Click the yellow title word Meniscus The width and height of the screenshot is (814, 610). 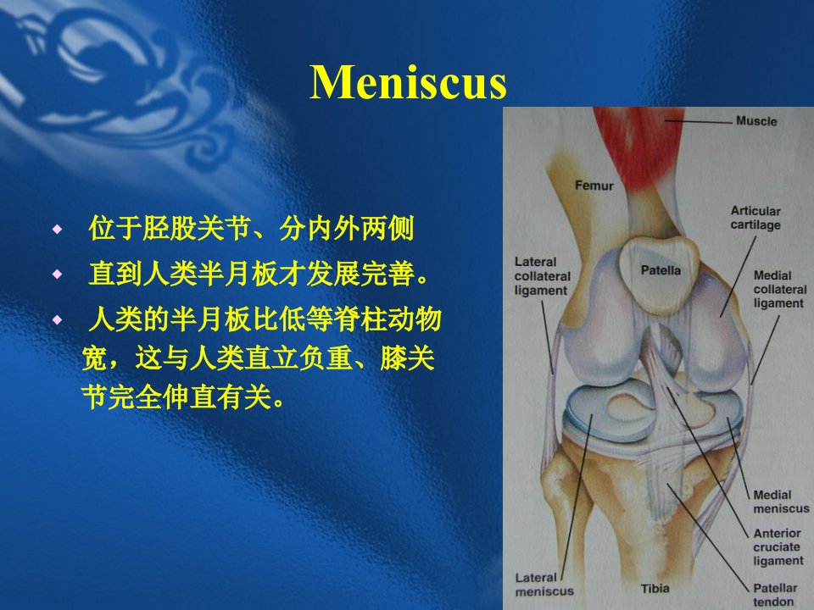click(x=408, y=82)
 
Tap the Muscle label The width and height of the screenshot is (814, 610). click(x=756, y=121)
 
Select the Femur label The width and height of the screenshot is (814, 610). click(x=594, y=186)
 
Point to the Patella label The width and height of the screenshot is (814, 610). click(x=661, y=270)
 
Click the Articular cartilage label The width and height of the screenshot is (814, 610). click(x=755, y=218)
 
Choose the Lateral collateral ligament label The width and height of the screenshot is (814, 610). click(x=542, y=276)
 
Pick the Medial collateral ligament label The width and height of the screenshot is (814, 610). click(x=780, y=289)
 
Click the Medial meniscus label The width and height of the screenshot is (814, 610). click(x=781, y=502)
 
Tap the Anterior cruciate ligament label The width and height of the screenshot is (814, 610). click(x=778, y=546)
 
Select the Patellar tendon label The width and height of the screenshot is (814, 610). click(x=774, y=595)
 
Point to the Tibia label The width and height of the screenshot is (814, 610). click(x=655, y=589)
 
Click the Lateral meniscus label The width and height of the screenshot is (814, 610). click(x=544, y=585)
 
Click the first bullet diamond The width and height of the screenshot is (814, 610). click(x=57, y=229)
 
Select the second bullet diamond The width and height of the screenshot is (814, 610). click(x=57, y=274)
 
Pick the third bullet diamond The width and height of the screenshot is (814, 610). click(x=57, y=319)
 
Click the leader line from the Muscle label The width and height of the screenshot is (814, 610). click(x=698, y=122)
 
